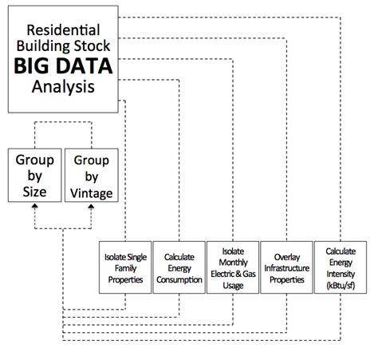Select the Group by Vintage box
(90, 176)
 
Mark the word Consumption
(178, 277)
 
